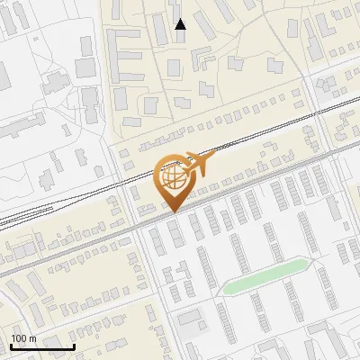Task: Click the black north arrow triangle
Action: pos(180,24)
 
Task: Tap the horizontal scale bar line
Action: pos(42,347)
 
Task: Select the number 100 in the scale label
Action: pos(19,338)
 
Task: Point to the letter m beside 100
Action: pos(31,338)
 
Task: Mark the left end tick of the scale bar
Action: pos(11,346)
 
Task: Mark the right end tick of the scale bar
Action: pos(74,346)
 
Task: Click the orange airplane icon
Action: pos(198,164)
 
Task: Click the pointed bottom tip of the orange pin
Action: pos(174,211)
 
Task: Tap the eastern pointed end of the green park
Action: pos(310,262)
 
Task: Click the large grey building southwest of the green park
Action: pos(191,318)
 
